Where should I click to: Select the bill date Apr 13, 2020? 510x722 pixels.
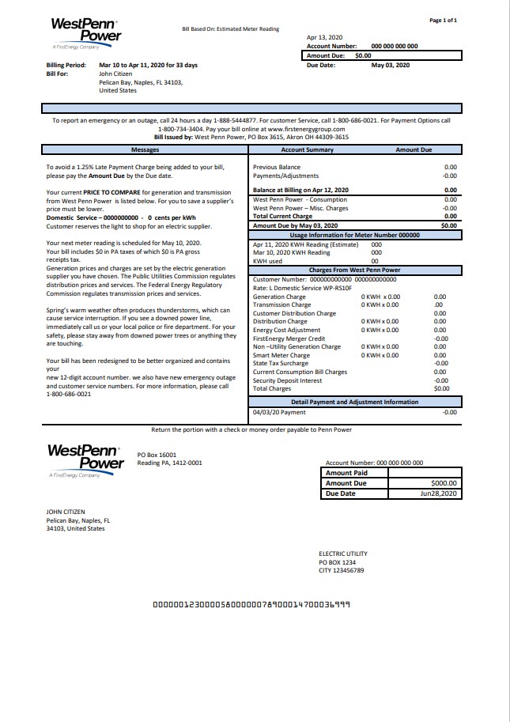point(325,37)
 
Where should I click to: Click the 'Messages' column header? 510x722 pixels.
point(145,149)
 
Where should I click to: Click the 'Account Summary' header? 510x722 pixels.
point(307,149)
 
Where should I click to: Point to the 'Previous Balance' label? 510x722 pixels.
point(277,168)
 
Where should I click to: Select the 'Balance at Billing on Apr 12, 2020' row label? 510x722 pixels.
point(300,191)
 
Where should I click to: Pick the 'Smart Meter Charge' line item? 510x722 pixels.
point(281,355)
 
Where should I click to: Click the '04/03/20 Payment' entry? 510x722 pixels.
point(279,412)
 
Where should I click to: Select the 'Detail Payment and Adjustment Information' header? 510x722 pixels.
point(354,402)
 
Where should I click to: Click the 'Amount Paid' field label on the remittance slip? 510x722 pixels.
point(346,473)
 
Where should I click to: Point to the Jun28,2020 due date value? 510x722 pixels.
point(439,493)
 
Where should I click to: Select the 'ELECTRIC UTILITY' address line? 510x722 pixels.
point(343,554)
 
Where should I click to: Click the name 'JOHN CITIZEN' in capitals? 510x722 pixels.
point(66,512)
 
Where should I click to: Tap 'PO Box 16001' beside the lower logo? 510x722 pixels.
point(157,455)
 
